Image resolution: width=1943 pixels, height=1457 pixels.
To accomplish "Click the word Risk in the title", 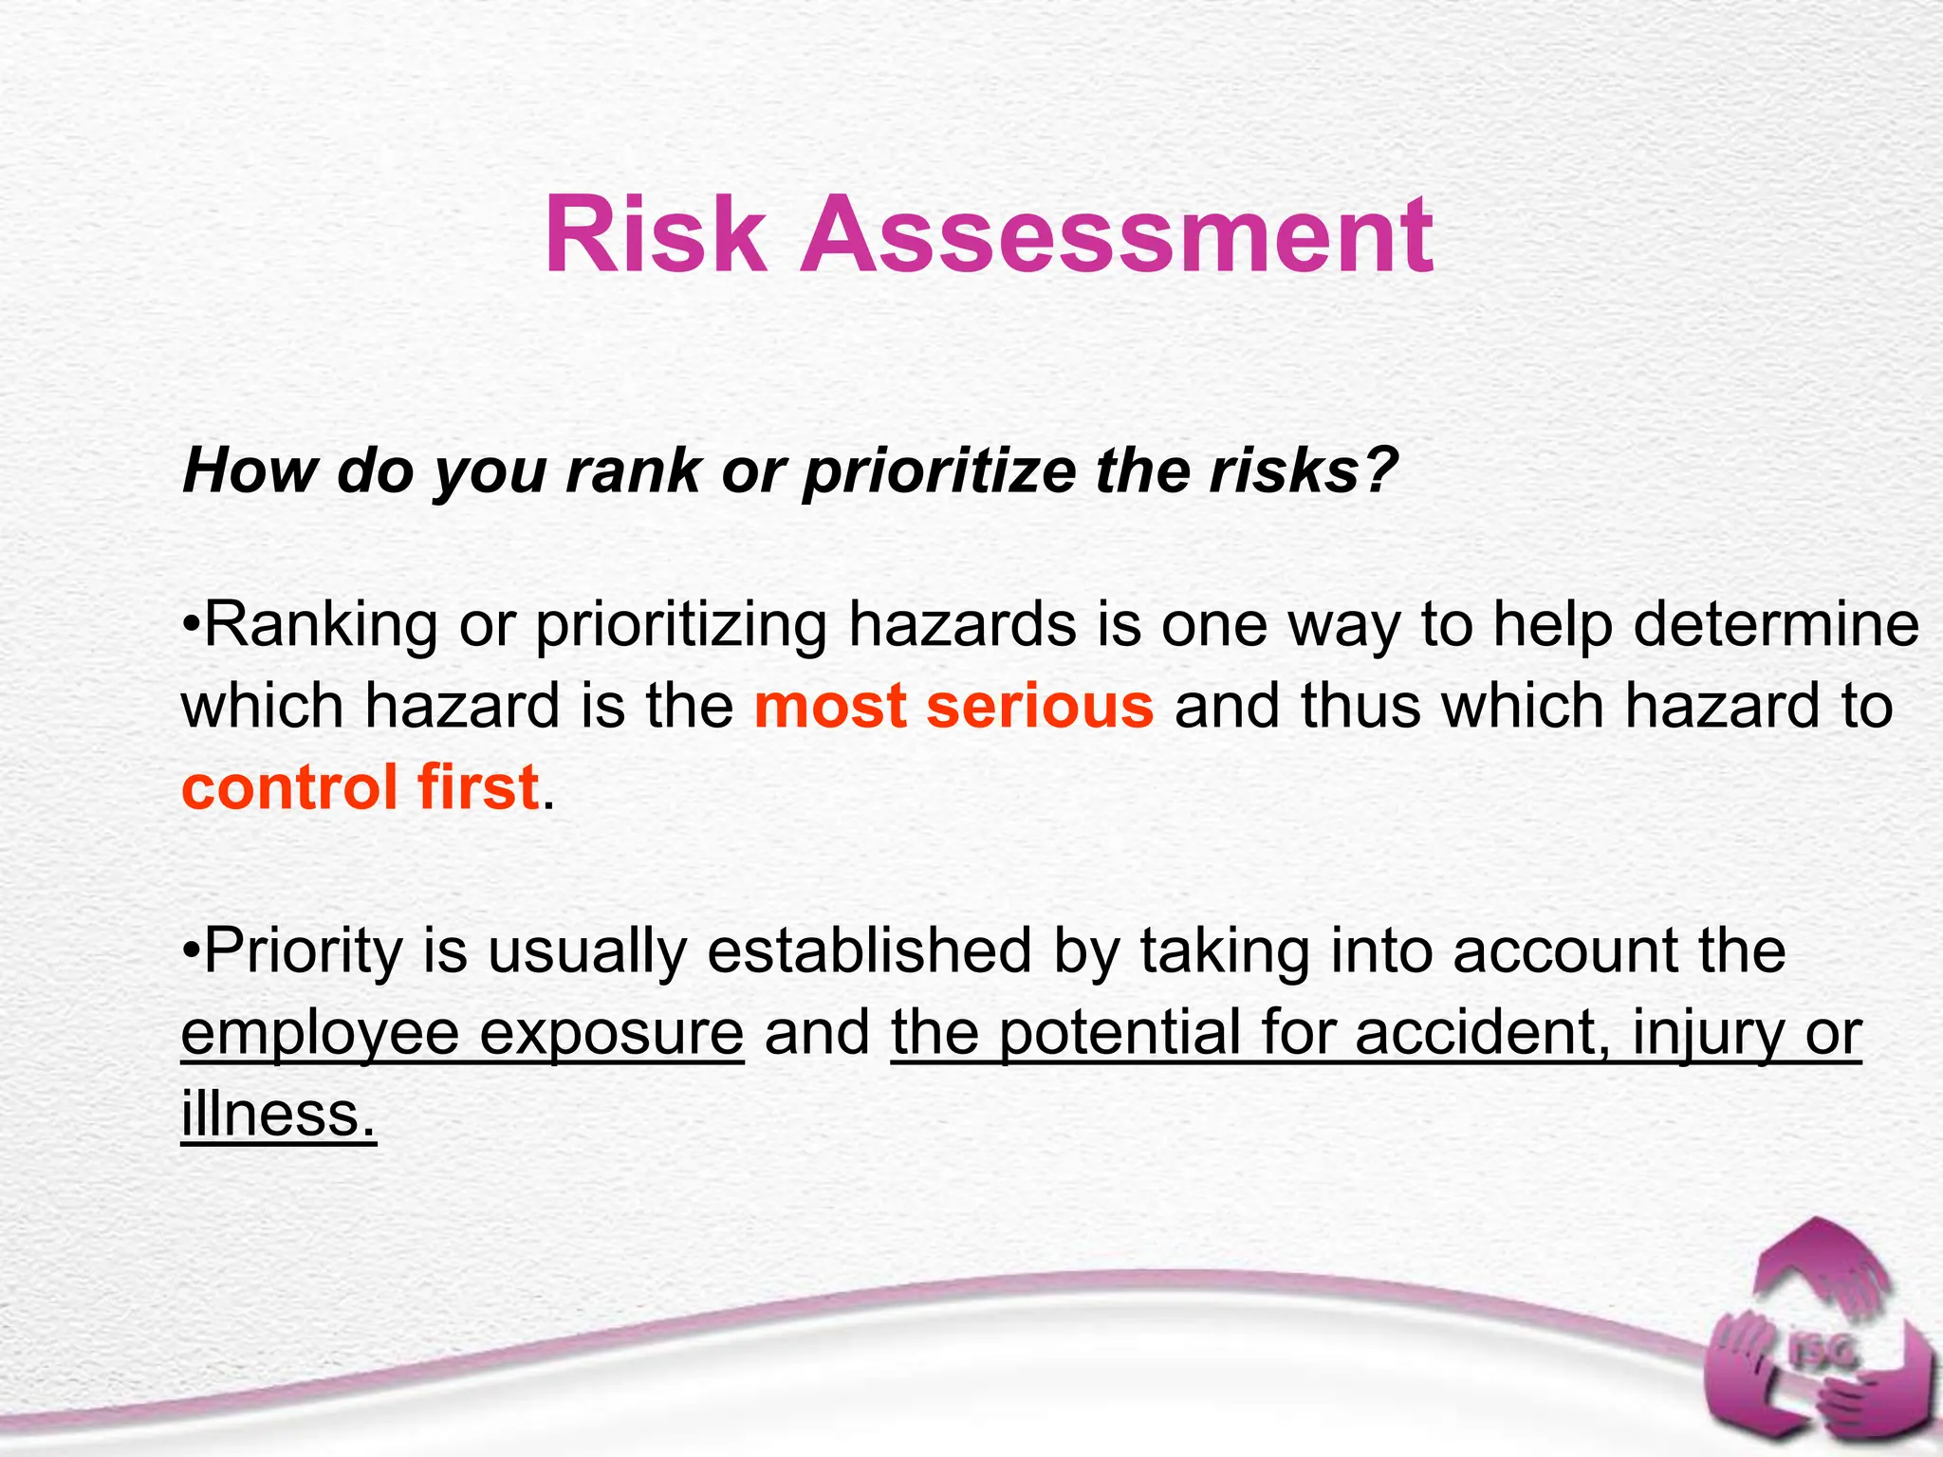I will [x=655, y=235].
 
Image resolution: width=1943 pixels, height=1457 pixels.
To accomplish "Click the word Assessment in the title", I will [x=1116, y=235].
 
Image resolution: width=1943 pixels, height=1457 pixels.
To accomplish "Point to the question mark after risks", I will [x=1381, y=469].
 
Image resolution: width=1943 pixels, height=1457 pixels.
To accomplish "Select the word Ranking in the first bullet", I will [x=321, y=627].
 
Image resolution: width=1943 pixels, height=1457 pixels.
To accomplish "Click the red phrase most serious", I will [x=953, y=707].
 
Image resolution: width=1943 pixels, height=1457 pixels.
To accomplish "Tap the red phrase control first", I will [x=360, y=787].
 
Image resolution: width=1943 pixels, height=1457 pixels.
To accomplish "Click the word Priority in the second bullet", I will [x=304, y=952].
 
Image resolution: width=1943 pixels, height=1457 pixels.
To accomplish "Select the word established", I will [x=868, y=951].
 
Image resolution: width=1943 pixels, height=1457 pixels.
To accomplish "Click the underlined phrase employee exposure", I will [x=462, y=1033].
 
